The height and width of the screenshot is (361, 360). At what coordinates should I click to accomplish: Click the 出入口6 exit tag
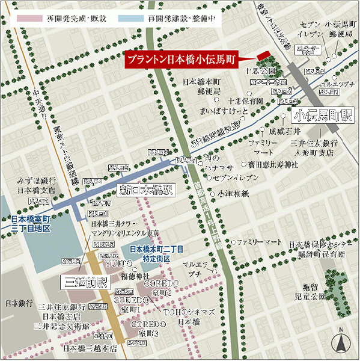[119, 167]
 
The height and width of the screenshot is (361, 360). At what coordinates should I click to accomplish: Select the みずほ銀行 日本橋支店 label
[37, 185]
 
